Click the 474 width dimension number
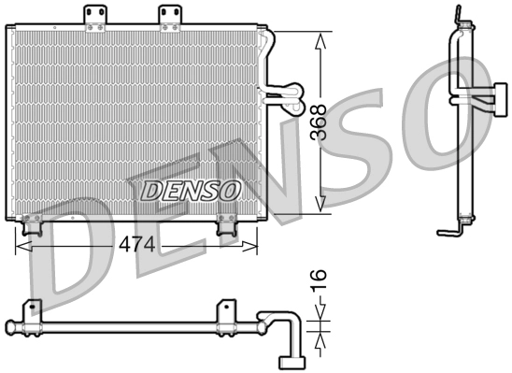pos(137,246)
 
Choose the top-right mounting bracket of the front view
pos(169,16)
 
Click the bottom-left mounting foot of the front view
pos(33,225)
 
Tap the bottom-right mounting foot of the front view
pos(227,225)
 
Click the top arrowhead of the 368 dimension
pos(320,39)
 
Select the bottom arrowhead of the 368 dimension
pos(320,205)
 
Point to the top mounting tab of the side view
pos(457,17)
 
